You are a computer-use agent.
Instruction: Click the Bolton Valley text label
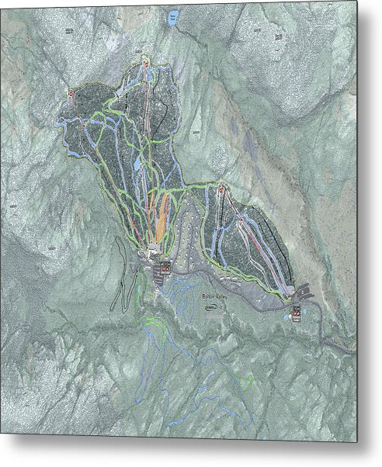(216, 297)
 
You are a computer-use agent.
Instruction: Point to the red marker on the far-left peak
(71, 94)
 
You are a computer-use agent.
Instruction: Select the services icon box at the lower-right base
(297, 313)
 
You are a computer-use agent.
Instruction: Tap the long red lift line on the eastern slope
(256, 240)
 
